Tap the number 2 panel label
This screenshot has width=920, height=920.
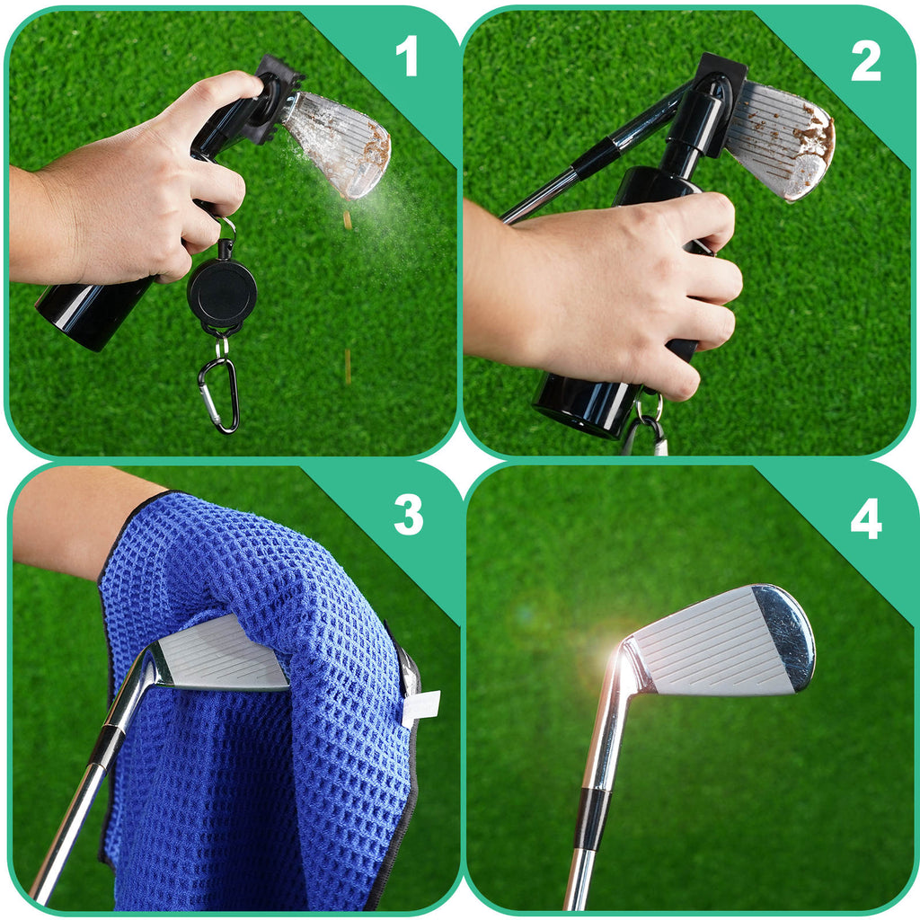[x=865, y=61]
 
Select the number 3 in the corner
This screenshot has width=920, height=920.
[x=408, y=516]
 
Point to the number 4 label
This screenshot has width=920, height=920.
[x=865, y=519]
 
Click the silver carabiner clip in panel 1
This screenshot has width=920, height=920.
[x=218, y=394]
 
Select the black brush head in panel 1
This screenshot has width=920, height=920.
[x=271, y=99]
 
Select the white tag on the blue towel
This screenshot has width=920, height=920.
[x=420, y=708]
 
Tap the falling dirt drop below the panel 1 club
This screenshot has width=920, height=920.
[x=347, y=219]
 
